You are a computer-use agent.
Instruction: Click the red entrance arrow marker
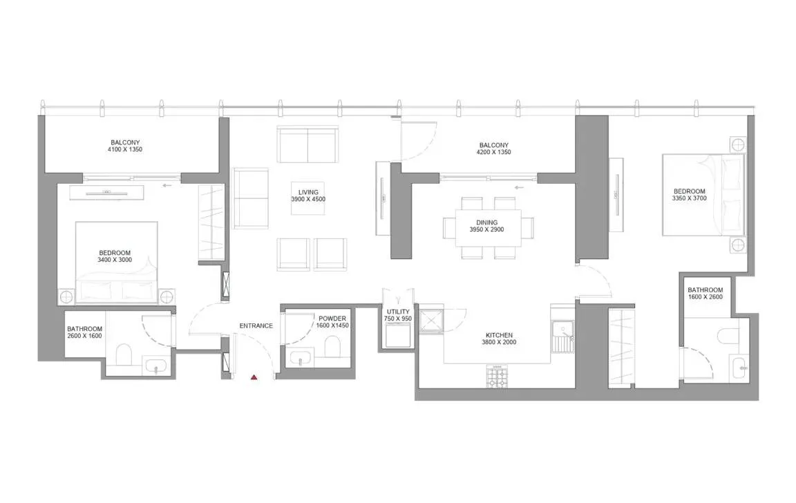click(254, 377)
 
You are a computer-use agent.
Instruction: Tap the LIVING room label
click(307, 196)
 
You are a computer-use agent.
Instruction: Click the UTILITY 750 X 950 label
click(399, 315)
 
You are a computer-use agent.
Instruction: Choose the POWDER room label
click(332, 322)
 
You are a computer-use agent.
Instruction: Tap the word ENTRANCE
click(256, 325)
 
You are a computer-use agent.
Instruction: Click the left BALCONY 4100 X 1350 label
click(125, 146)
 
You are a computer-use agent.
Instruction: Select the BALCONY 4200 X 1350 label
click(494, 149)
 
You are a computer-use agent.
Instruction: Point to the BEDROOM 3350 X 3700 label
click(690, 196)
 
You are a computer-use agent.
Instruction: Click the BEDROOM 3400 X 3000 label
click(114, 257)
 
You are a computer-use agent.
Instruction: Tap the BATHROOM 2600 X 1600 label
click(84, 333)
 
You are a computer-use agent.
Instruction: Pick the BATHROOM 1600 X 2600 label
click(705, 294)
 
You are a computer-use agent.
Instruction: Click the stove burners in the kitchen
click(497, 377)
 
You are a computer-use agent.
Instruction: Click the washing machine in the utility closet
click(399, 336)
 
